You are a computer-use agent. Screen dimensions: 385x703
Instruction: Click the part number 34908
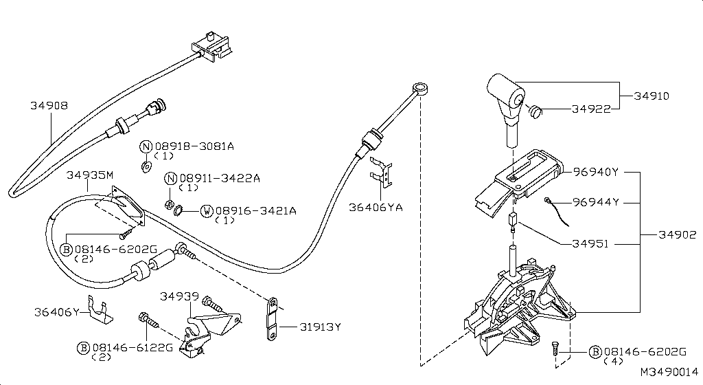click(x=49, y=106)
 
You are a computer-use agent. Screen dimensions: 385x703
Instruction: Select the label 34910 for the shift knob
click(x=652, y=96)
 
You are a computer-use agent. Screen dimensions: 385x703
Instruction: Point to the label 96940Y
click(x=596, y=172)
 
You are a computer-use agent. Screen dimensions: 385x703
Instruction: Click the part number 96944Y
click(x=597, y=202)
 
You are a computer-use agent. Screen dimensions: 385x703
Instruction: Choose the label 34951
click(x=591, y=243)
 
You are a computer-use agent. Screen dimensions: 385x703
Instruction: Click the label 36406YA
click(x=375, y=206)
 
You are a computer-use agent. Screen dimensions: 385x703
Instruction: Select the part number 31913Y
click(x=320, y=327)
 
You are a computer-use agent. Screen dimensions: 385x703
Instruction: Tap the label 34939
click(x=179, y=296)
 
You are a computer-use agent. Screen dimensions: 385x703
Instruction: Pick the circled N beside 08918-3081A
click(x=146, y=146)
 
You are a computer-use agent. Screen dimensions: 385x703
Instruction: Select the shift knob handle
click(x=507, y=93)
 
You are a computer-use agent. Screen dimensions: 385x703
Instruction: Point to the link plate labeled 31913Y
click(x=273, y=320)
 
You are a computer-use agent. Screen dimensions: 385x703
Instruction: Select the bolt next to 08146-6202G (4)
click(x=556, y=351)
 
